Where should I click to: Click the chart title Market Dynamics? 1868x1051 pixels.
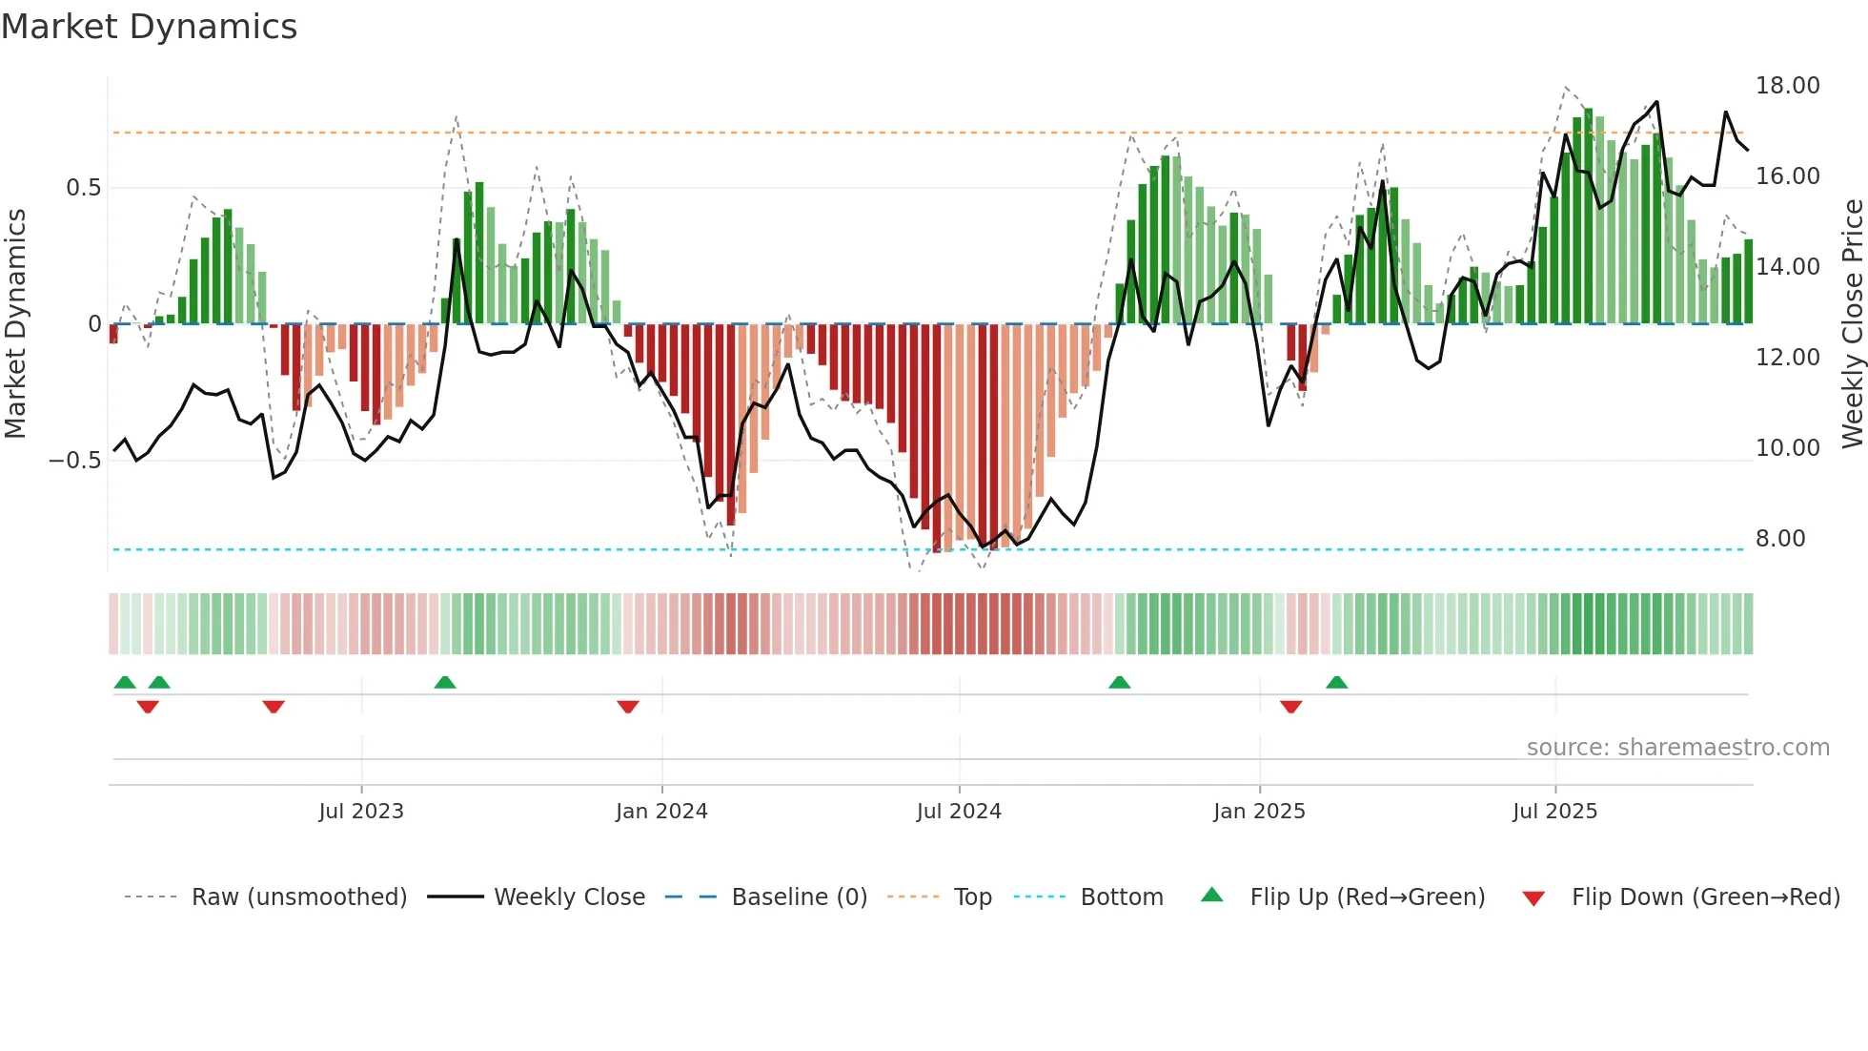[149, 27]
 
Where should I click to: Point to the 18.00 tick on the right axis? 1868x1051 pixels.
[1787, 86]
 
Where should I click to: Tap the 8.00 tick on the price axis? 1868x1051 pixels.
[1779, 539]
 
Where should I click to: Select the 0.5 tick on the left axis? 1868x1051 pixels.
[83, 188]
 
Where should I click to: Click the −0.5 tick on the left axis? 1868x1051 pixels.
[75, 461]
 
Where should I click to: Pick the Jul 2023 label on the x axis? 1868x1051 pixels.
[361, 812]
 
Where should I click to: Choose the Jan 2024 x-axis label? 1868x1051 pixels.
[661, 812]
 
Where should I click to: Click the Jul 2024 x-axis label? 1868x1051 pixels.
[959, 812]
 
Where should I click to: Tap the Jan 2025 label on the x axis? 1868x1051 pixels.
[1259, 812]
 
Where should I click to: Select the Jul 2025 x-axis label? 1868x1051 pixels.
[1554, 812]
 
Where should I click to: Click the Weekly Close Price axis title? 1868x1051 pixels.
[1852, 324]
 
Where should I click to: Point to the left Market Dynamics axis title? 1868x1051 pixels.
[15, 324]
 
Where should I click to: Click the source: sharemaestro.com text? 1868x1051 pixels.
[1677, 748]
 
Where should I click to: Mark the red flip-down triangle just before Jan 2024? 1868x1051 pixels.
[627, 707]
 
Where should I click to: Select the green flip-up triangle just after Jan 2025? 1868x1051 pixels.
[1336, 682]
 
